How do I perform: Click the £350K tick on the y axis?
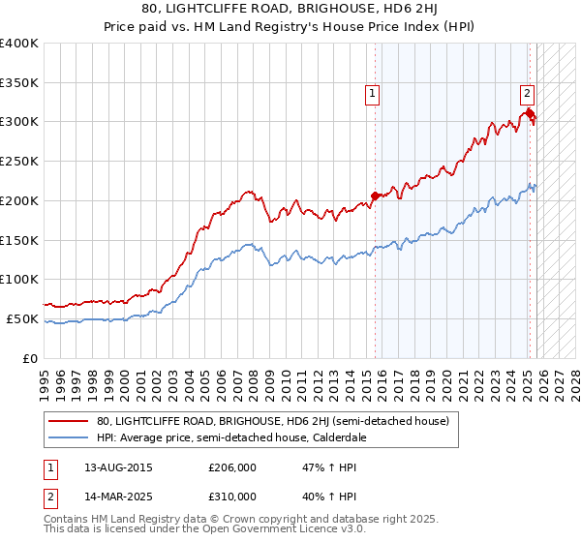(19, 83)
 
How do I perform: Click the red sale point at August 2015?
(375, 196)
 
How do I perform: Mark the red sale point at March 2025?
(531, 115)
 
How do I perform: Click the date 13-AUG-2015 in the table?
(118, 467)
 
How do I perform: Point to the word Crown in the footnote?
(213, 520)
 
